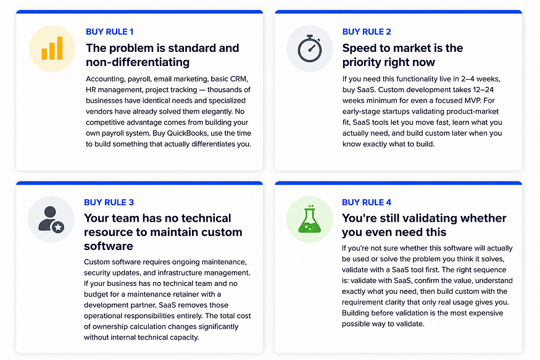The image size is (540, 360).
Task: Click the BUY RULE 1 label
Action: [x=109, y=31]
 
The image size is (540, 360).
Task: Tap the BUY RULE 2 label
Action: [x=367, y=31]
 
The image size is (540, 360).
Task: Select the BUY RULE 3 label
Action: [x=109, y=202]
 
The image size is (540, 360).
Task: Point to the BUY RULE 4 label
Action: [x=367, y=202]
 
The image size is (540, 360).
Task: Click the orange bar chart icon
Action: [x=52, y=48]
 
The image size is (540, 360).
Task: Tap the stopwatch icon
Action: [x=310, y=49]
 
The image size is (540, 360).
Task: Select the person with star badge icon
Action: [x=51, y=219]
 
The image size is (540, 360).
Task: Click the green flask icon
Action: [x=310, y=219]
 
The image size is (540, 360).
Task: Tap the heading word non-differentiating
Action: [x=138, y=62]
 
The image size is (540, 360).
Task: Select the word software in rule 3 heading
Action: [x=109, y=246]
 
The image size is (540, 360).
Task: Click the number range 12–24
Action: [x=483, y=90]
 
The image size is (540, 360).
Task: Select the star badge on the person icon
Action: [x=58, y=227]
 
